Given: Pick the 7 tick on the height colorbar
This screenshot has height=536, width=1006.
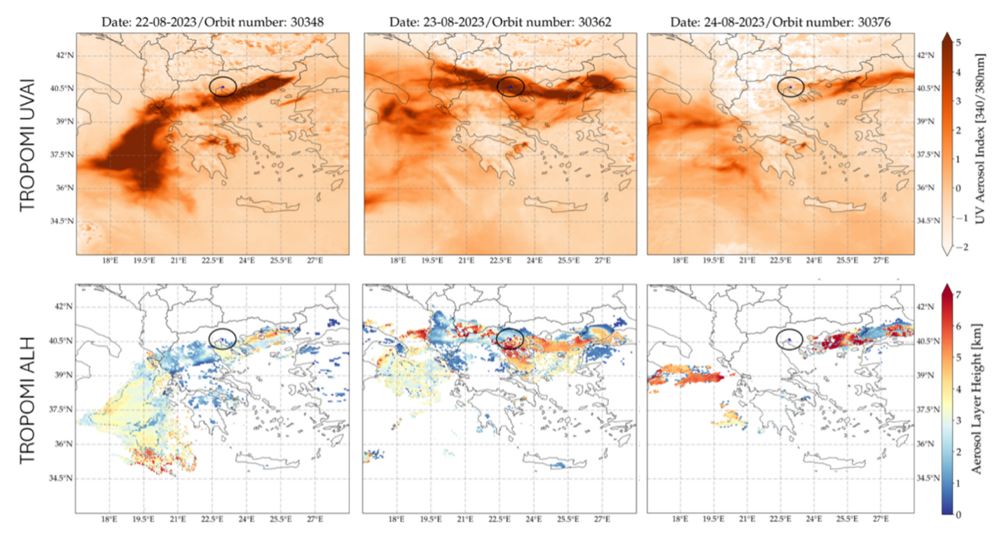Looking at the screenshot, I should point(957,295).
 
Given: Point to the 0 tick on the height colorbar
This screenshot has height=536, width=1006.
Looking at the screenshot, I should point(957,514).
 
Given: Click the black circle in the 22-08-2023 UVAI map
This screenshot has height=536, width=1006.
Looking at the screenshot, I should point(223,86).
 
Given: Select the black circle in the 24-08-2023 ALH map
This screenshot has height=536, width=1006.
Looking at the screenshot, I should point(790,339).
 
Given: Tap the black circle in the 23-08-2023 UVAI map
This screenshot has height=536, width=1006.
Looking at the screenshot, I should point(510,85).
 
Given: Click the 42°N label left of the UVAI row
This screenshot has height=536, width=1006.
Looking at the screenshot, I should point(64,55).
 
